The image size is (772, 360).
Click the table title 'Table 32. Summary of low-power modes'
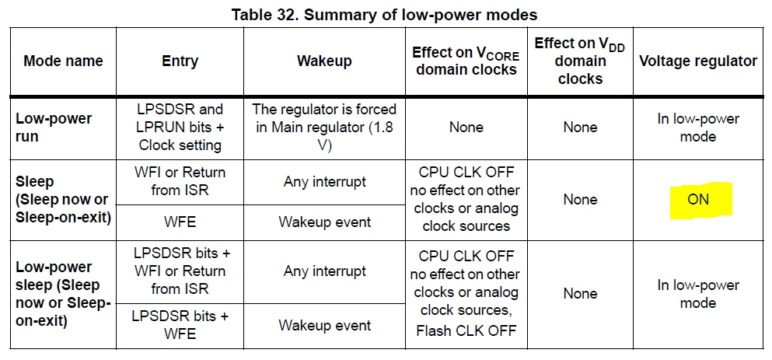[x=385, y=15]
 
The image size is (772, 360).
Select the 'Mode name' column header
[x=64, y=61]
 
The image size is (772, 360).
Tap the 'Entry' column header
[x=180, y=61]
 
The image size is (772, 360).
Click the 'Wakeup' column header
[x=324, y=61]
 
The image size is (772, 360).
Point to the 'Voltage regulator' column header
[x=698, y=61]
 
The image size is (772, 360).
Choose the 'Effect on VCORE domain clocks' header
[x=466, y=61]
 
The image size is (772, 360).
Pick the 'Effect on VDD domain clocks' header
[x=580, y=61]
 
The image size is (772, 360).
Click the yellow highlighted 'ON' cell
[x=698, y=200]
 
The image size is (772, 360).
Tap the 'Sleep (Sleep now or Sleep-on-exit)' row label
[x=64, y=200]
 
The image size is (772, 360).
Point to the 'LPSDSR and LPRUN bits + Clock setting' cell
[x=180, y=127]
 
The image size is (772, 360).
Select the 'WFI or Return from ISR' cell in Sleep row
[x=180, y=181]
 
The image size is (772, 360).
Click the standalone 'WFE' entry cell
[x=180, y=222]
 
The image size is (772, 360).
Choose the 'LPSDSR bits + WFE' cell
[x=180, y=325]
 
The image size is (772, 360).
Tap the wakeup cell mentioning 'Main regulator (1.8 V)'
[x=324, y=127]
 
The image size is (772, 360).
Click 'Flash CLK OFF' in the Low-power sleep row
[x=466, y=330]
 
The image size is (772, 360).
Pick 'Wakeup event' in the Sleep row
[x=325, y=222]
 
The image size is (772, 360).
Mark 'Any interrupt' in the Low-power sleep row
[x=325, y=271]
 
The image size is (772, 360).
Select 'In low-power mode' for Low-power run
[x=698, y=128]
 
